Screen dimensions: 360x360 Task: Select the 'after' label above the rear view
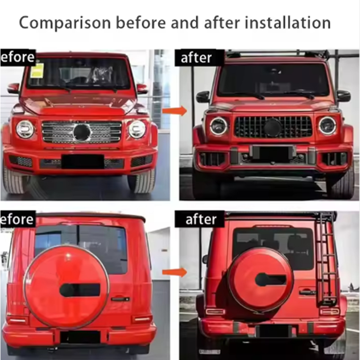201,219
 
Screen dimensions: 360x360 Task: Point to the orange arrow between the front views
175,111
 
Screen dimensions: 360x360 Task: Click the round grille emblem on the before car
82,132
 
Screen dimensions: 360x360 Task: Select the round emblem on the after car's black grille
273,127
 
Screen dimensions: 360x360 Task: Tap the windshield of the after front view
273,80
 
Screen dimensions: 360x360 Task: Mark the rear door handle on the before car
121,298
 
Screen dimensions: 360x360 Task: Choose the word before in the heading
143,22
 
